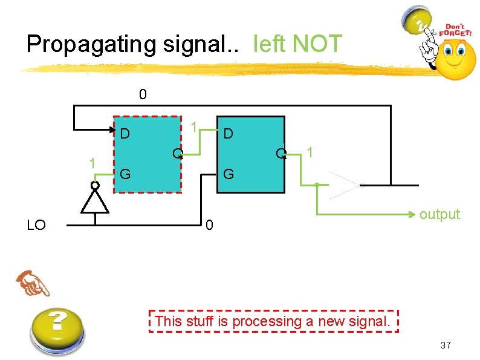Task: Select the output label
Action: (440, 214)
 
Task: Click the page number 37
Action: (446, 345)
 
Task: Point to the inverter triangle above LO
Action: (95, 201)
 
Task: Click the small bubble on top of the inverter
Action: (95, 185)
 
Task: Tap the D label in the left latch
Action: (125, 133)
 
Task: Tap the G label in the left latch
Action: (125, 175)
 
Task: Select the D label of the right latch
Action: (229, 133)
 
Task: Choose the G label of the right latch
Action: (229, 175)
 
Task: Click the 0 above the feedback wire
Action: (142, 95)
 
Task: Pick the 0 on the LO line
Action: (209, 226)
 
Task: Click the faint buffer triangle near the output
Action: (342, 185)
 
